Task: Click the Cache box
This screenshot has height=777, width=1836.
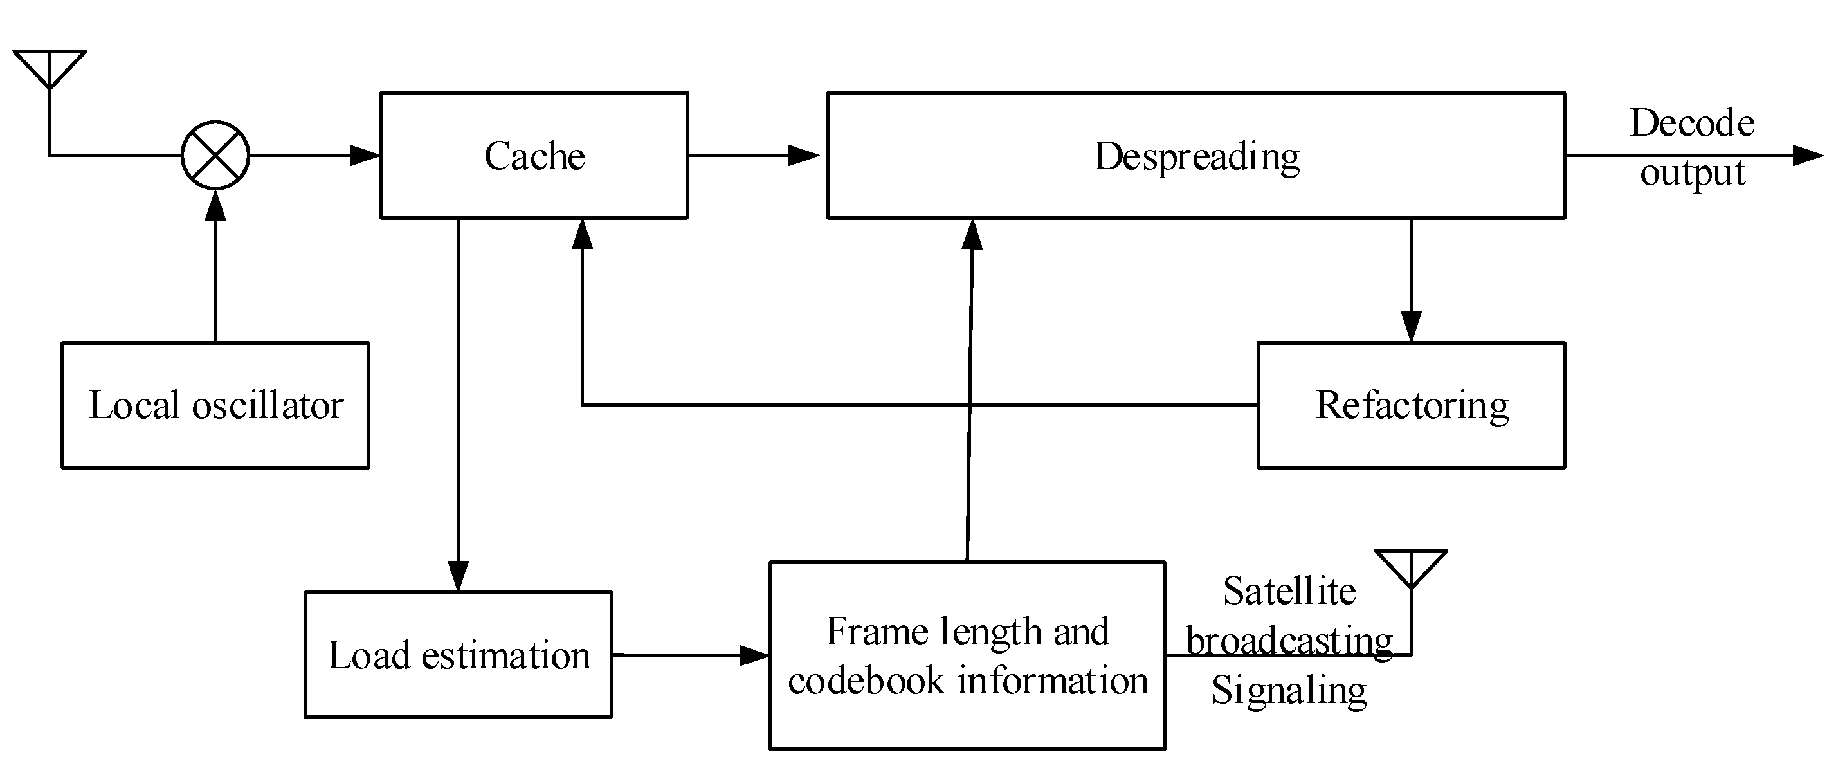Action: coord(533,156)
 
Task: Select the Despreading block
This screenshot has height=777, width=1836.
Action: coord(1196,156)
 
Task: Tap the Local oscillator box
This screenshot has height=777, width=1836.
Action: coord(215,405)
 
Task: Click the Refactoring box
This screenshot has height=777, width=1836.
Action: coord(1411,405)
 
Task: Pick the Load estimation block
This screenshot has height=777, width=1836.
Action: coord(459,654)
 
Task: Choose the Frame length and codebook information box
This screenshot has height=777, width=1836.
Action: coord(967,656)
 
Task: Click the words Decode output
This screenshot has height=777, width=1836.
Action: coord(1692,147)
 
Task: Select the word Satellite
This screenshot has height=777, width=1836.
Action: coord(1289,591)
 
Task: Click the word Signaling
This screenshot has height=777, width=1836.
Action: coord(1289,690)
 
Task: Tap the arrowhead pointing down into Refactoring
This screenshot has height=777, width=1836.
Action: coord(1411,327)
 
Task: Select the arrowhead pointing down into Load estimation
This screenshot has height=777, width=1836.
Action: coord(459,576)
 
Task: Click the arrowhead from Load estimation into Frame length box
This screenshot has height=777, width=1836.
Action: coord(754,655)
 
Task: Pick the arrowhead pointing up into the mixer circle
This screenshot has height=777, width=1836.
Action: coord(215,205)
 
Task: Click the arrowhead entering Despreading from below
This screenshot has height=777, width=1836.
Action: coord(972,235)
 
